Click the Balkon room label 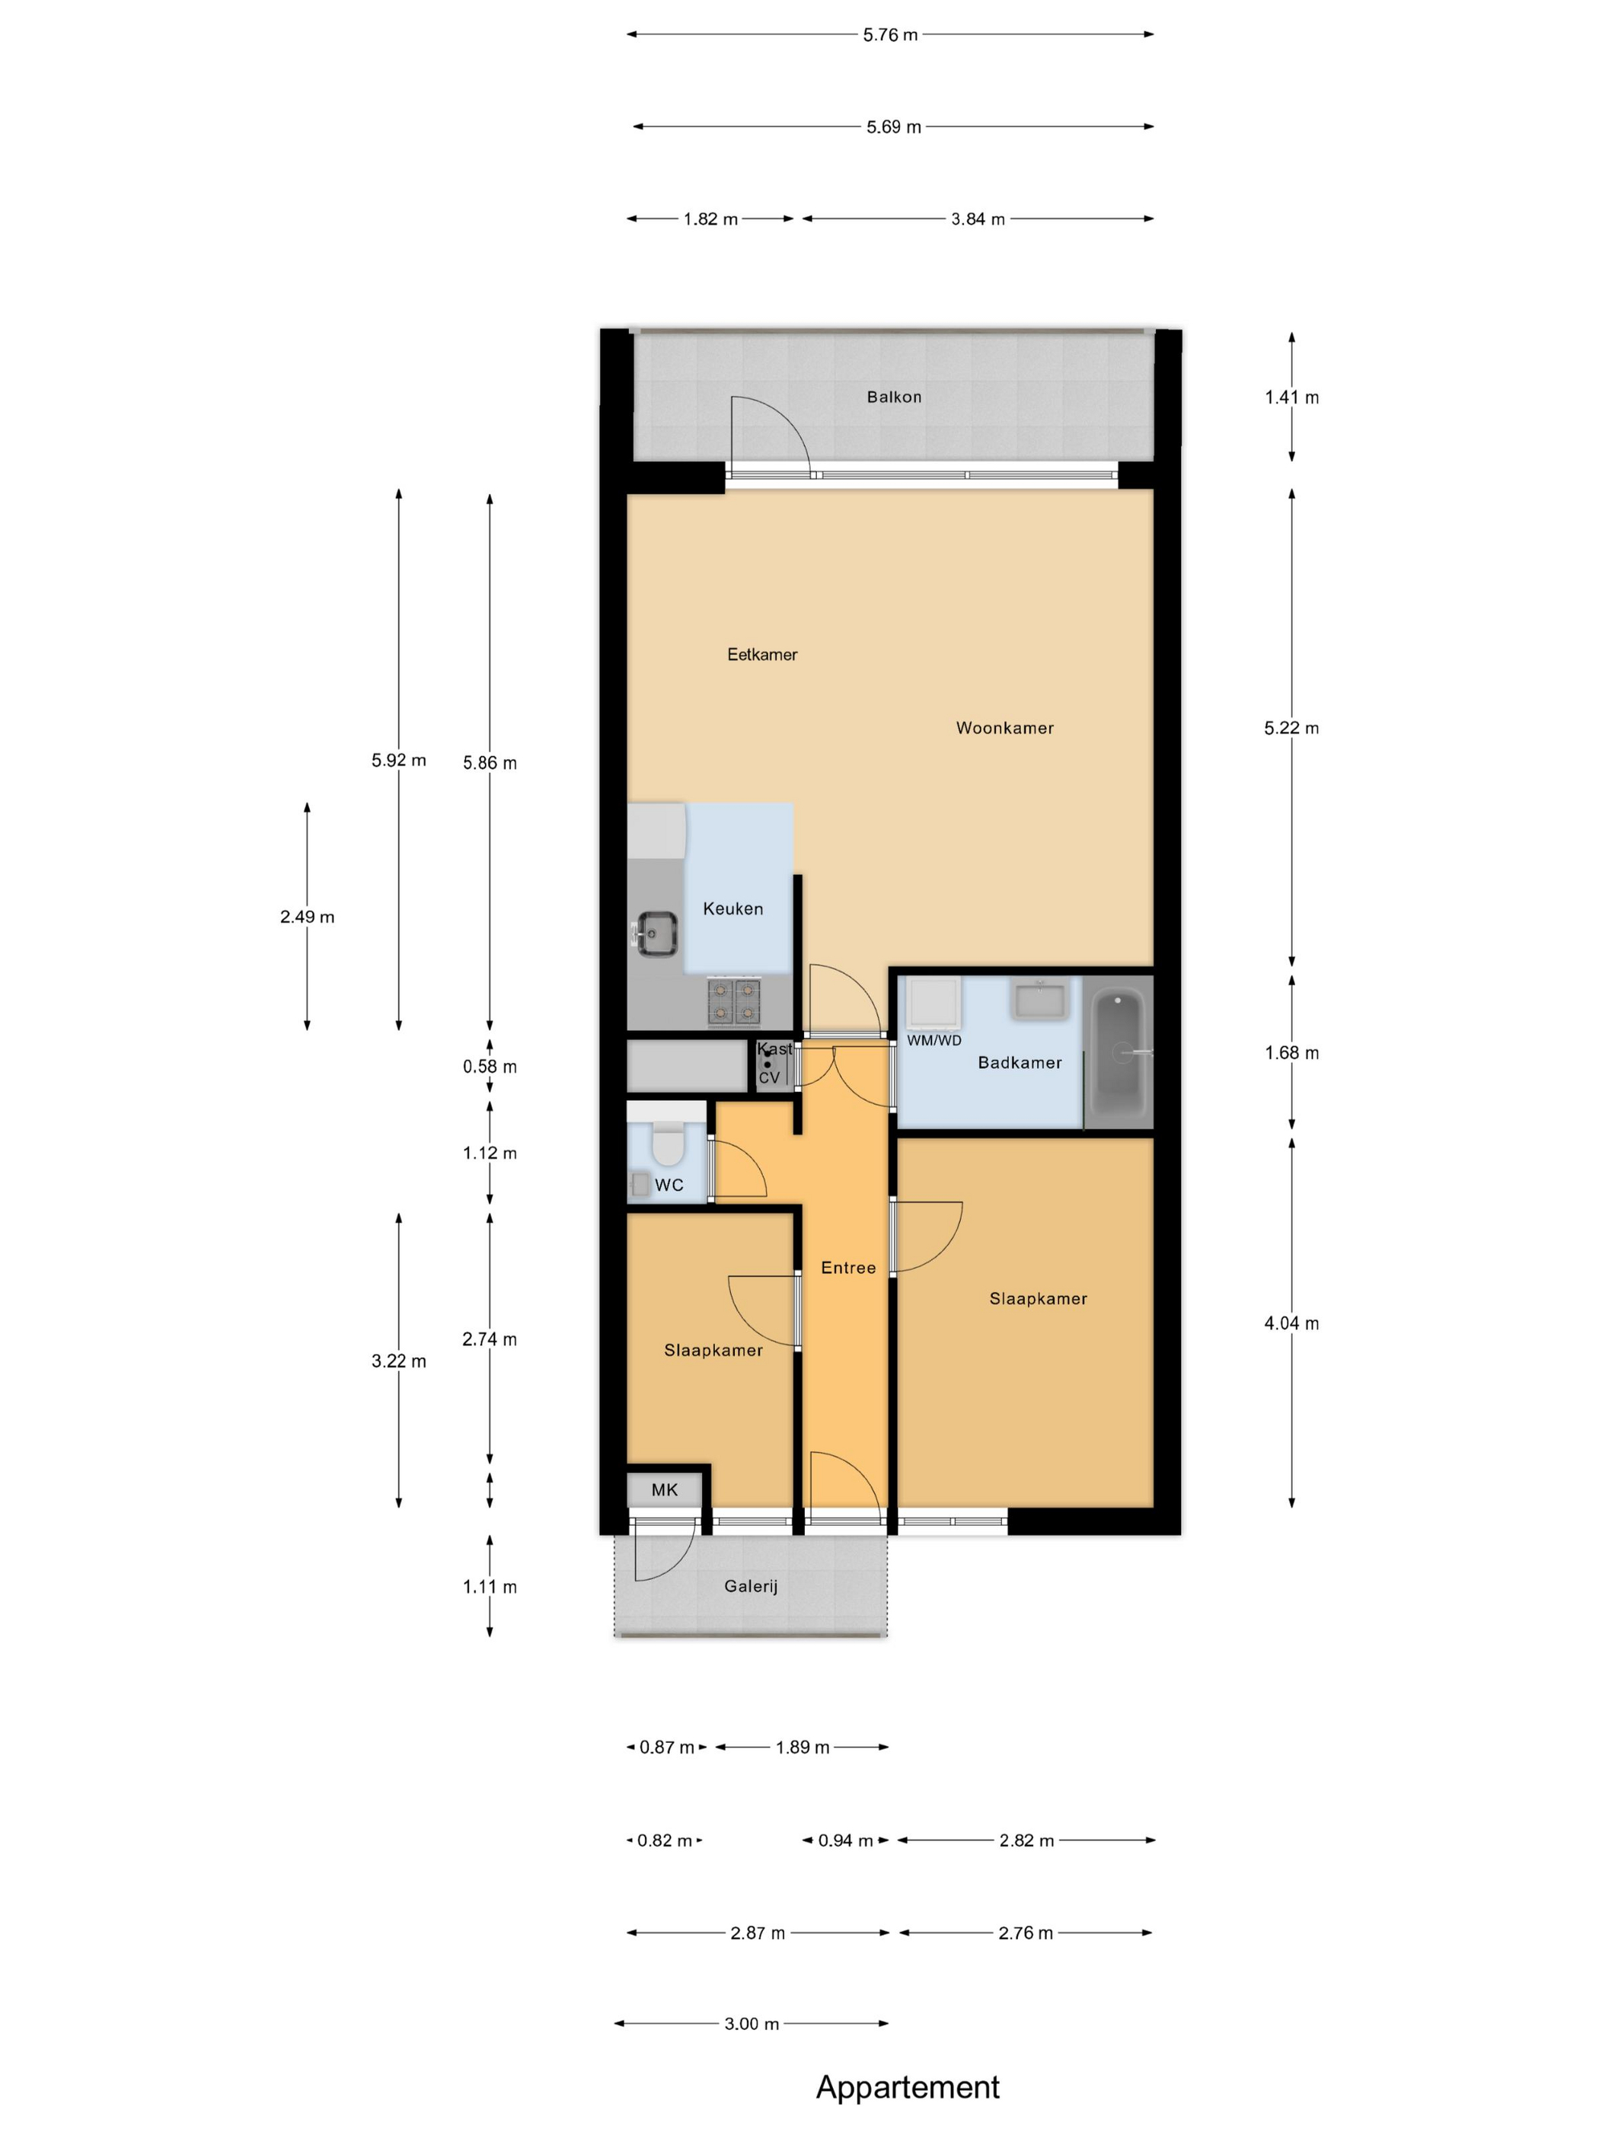pyautogui.click(x=893, y=397)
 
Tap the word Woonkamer pyautogui.click(x=1004, y=728)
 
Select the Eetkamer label pyautogui.click(x=761, y=654)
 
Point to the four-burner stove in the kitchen pyautogui.click(x=735, y=1001)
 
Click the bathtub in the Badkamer pyautogui.click(x=1118, y=1052)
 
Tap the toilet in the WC pyautogui.click(x=668, y=1144)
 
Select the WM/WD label pyautogui.click(x=934, y=1040)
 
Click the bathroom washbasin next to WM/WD pyautogui.click(x=1039, y=1000)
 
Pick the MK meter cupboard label pyautogui.click(x=664, y=1489)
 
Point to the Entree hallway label pyautogui.click(x=848, y=1268)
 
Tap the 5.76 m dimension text pyautogui.click(x=889, y=35)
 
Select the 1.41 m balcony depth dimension pyautogui.click(x=1291, y=397)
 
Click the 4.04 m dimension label pyautogui.click(x=1291, y=1323)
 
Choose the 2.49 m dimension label pyautogui.click(x=308, y=917)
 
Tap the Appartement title pyautogui.click(x=908, y=2088)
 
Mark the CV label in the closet pyautogui.click(x=769, y=1077)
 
